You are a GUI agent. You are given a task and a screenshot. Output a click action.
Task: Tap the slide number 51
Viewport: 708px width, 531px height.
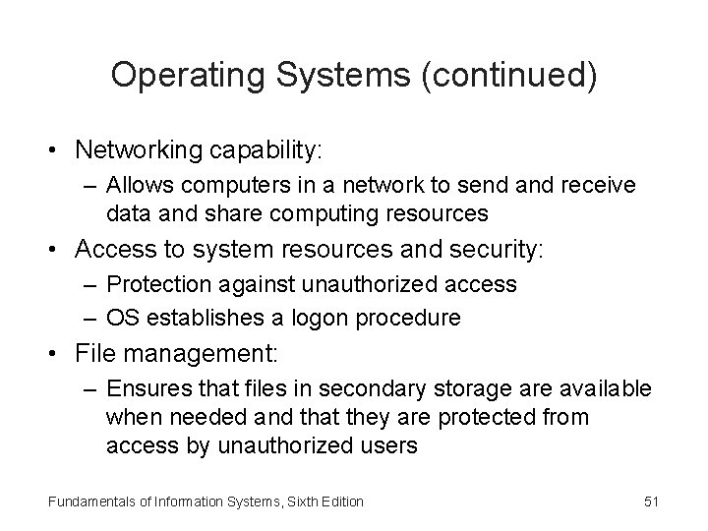pyautogui.click(x=650, y=502)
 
